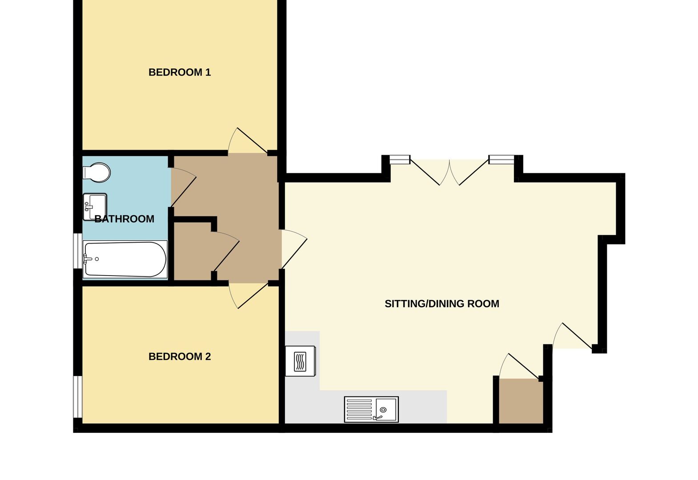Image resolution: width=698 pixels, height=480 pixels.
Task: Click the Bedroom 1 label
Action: coord(179,72)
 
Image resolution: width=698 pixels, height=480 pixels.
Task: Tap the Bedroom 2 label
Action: coord(179,356)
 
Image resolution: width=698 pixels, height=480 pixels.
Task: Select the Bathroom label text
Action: coord(124,219)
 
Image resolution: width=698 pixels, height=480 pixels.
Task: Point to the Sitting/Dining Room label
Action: coord(441,304)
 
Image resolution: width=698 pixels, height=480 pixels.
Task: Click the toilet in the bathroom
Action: coord(96,172)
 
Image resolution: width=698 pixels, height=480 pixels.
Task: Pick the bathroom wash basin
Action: coord(95,206)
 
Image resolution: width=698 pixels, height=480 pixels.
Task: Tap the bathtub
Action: coord(125,260)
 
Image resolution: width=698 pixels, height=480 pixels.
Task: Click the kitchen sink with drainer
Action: coord(371,409)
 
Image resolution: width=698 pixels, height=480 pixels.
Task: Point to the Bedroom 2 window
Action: coord(78,397)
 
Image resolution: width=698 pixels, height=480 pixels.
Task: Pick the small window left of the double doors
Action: coord(400,159)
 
